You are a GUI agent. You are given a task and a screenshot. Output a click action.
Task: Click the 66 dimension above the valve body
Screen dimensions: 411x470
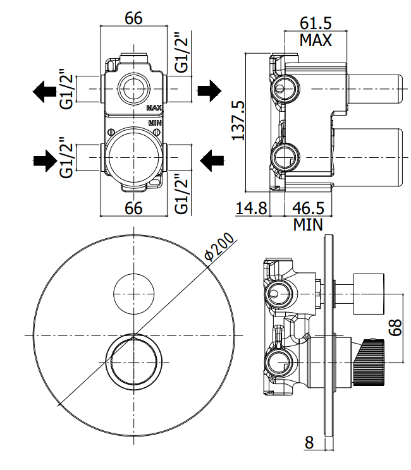pyautogui.click(x=133, y=18)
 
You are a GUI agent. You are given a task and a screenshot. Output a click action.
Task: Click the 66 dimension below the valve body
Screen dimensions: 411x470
pyautogui.click(x=133, y=208)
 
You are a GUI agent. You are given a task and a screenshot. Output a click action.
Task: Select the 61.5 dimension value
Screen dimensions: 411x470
pyautogui.click(x=316, y=23)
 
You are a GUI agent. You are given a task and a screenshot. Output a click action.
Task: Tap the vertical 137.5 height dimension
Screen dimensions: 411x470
pyautogui.click(x=239, y=121)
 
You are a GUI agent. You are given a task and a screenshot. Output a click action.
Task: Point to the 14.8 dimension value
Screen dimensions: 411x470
pyautogui.click(x=252, y=208)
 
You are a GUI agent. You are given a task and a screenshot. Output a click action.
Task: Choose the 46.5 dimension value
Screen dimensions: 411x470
pyautogui.click(x=309, y=208)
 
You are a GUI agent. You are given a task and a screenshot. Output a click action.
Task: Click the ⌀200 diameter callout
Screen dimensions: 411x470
pyautogui.click(x=219, y=247)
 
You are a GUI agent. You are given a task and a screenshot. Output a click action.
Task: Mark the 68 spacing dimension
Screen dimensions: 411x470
pyautogui.click(x=395, y=327)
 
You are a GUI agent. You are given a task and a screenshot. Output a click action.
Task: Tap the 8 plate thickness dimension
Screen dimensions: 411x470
pyautogui.click(x=309, y=442)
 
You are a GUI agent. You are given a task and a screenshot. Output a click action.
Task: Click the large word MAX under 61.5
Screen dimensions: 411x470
pyautogui.click(x=316, y=40)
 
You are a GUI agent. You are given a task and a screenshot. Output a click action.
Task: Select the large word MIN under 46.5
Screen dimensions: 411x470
pyautogui.click(x=308, y=225)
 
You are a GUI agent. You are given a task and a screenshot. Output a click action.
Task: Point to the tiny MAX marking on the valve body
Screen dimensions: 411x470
pyautogui.click(x=154, y=107)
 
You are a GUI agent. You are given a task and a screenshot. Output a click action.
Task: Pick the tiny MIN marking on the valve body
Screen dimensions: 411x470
pyautogui.click(x=155, y=123)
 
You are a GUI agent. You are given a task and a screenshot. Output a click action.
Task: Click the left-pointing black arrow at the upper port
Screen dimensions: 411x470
pyautogui.click(x=44, y=92)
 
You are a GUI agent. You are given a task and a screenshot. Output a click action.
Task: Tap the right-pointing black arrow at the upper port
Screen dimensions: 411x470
pyautogui.click(x=209, y=90)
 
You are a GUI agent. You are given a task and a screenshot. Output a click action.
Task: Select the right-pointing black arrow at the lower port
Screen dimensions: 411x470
pyautogui.click(x=46, y=161)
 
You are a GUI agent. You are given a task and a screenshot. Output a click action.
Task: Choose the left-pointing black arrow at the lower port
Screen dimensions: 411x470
pyautogui.click(x=212, y=160)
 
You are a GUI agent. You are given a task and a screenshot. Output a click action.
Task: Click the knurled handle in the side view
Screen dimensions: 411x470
pyautogui.click(x=369, y=362)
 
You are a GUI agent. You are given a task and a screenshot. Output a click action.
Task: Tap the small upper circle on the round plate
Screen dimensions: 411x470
pyautogui.click(x=134, y=294)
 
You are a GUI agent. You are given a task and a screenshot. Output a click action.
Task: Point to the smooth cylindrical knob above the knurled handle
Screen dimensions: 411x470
pyautogui.click(x=369, y=294)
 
